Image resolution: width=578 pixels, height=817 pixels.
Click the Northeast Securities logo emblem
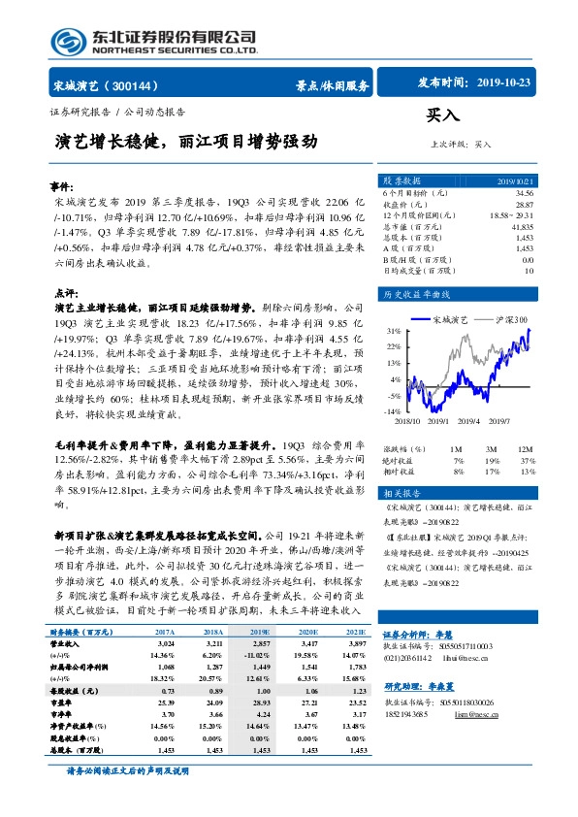tap(69, 38)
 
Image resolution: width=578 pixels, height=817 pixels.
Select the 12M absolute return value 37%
tap(527, 461)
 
